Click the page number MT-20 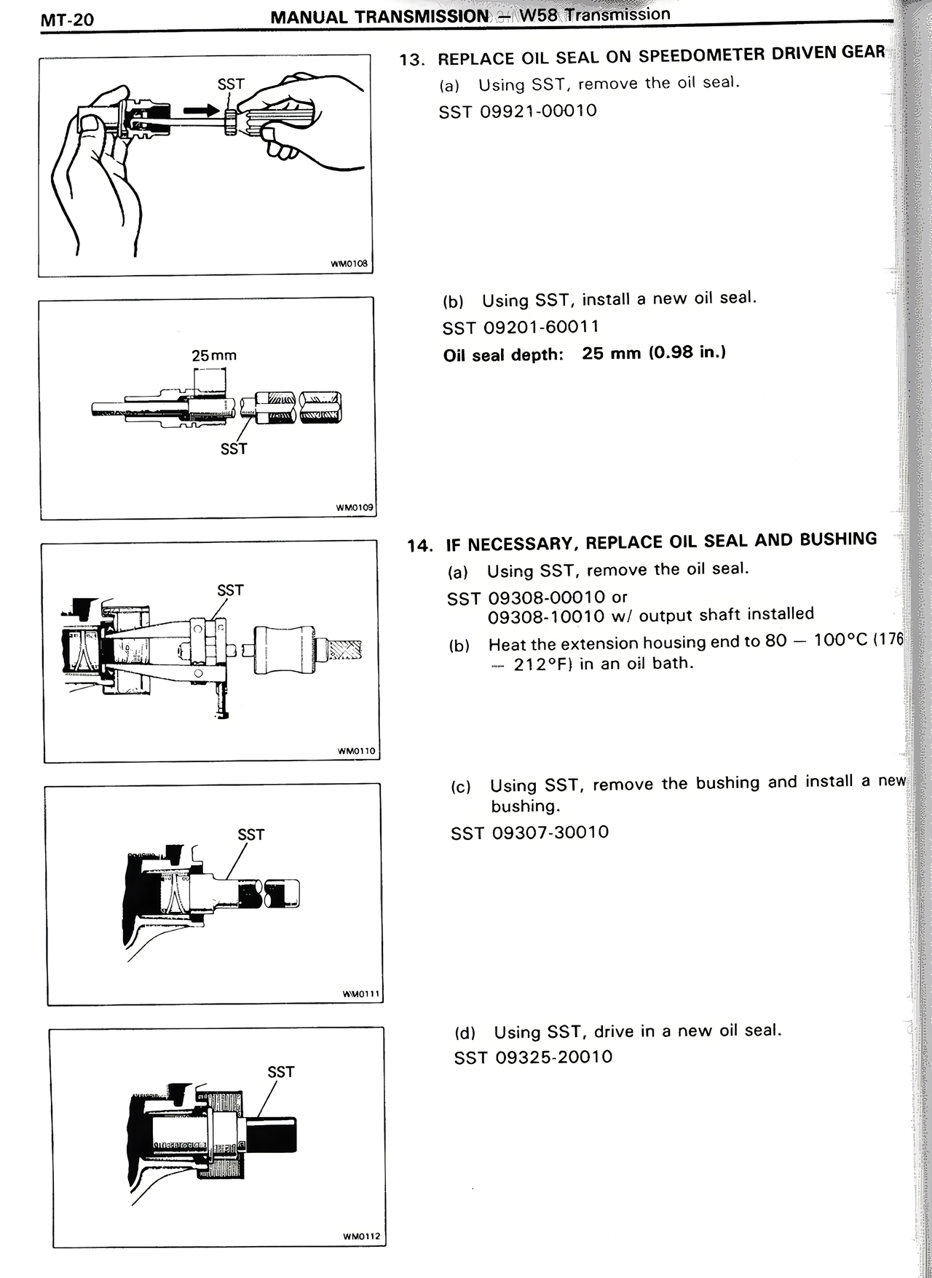click(x=67, y=19)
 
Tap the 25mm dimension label click(x=213, y=356)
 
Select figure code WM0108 click(x=350, y=265)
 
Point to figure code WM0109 click(x=355, y=507)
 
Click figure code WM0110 click(x=356, y=750)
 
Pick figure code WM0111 click(x=361, y=993)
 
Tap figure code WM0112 click(x=361, y=1236)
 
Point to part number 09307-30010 click(x=550, y=832)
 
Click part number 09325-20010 click(x=553, y=1057)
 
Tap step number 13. click(x=412, y=60)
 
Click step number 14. click(x=420, y=545)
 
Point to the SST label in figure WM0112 click(x=280, y=1072)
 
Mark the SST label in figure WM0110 click(x=230, y=590)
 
